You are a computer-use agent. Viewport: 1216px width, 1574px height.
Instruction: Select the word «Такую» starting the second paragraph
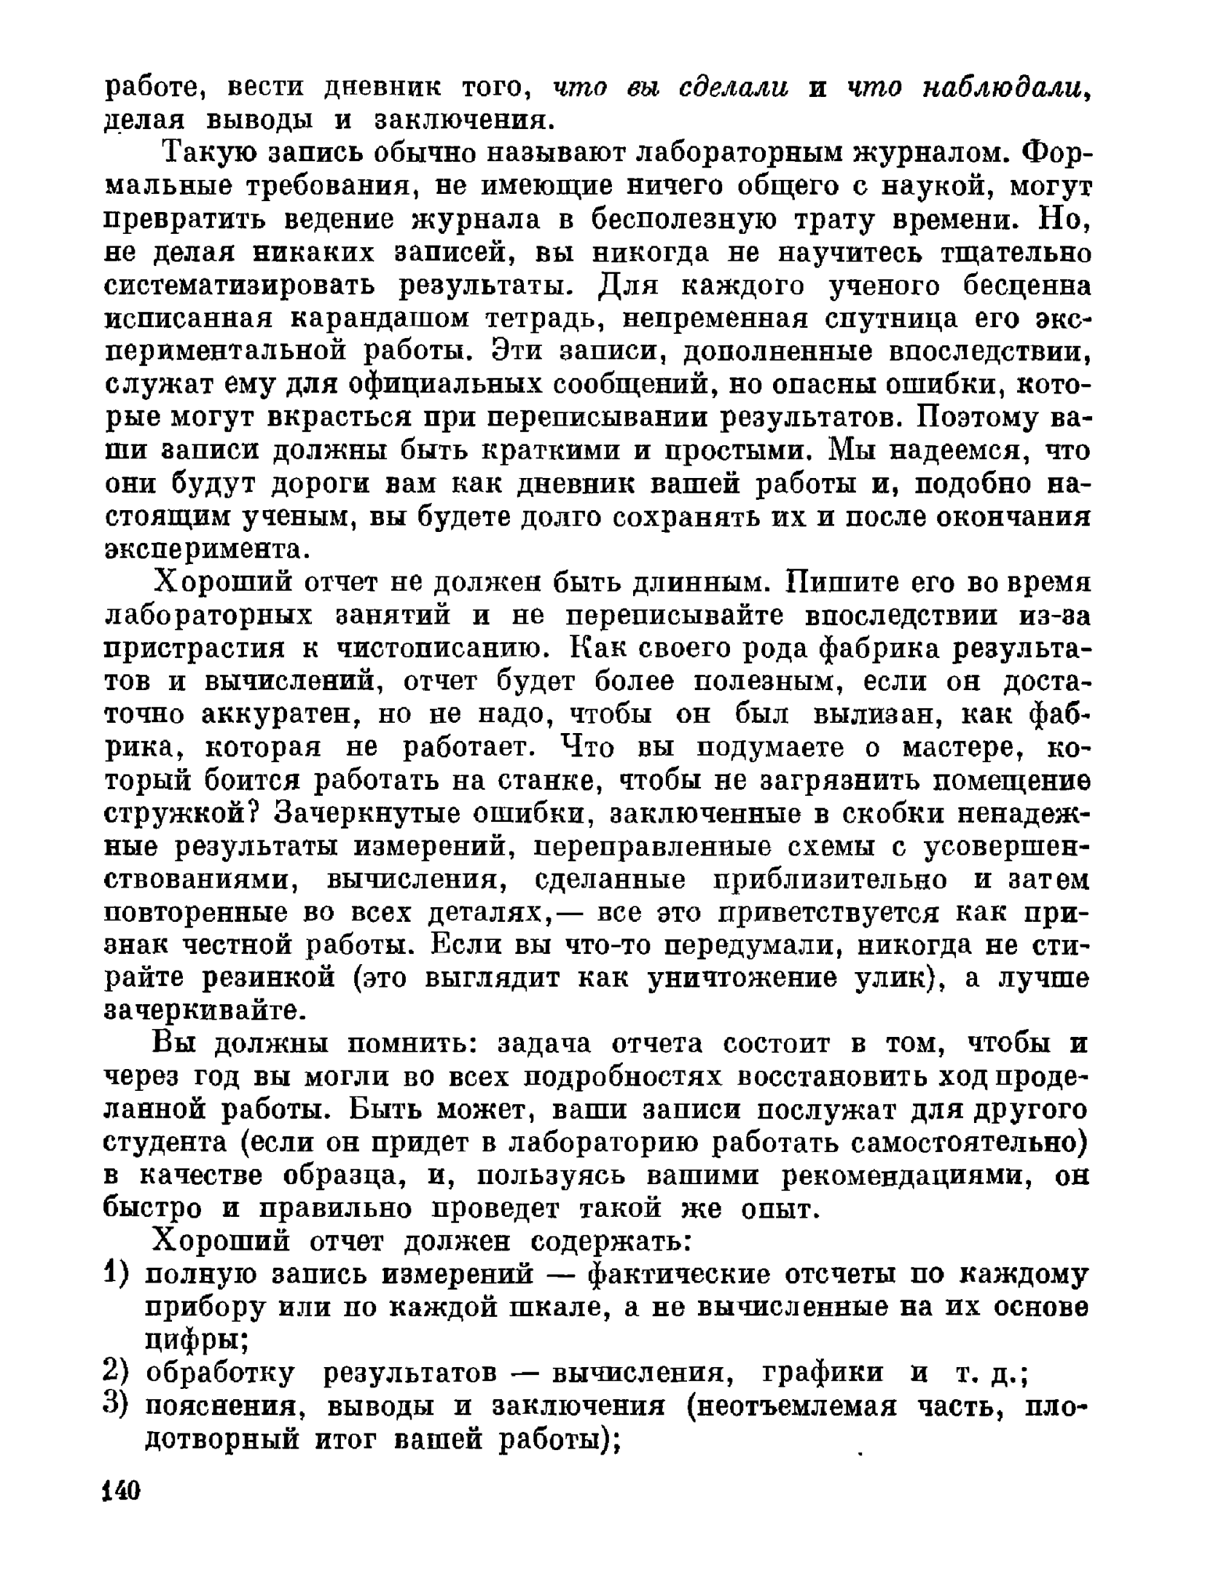coord(208,154)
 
